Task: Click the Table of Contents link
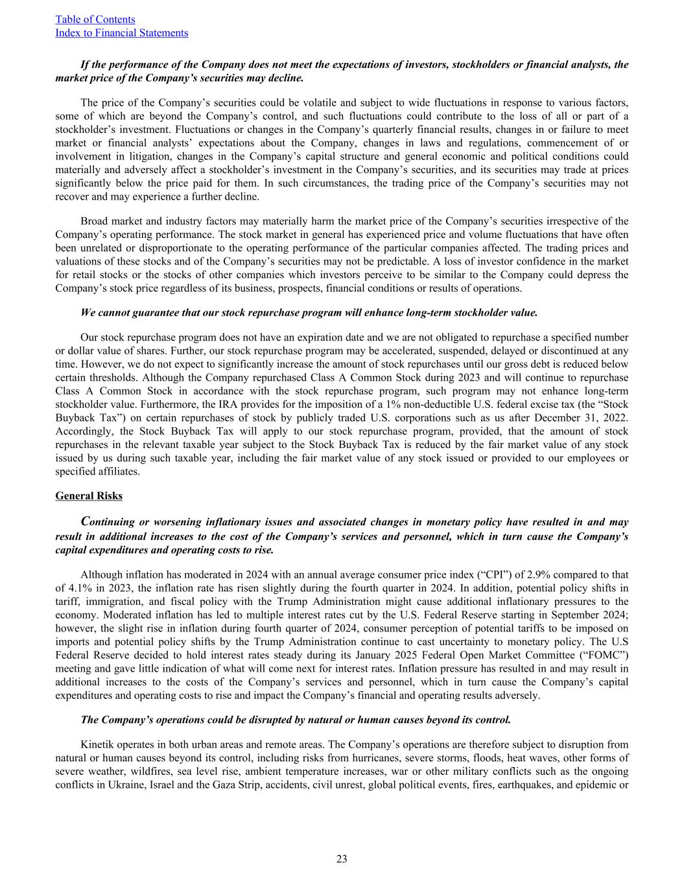[x=95, y=19]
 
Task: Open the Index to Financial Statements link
[x=122, y=32]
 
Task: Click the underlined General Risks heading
[x=89, y=496]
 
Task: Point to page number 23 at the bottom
[x=342, y=859]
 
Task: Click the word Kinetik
[x=97, y=744]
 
